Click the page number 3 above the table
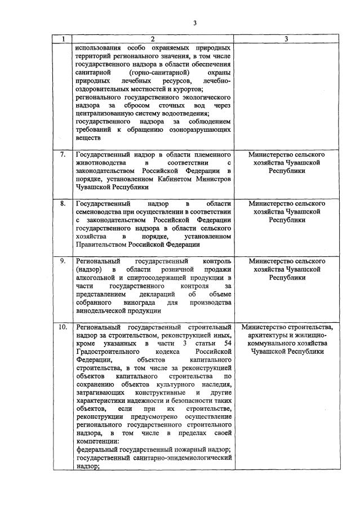(194, 23)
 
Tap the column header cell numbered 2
(153, 39)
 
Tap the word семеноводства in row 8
(101, 211)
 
